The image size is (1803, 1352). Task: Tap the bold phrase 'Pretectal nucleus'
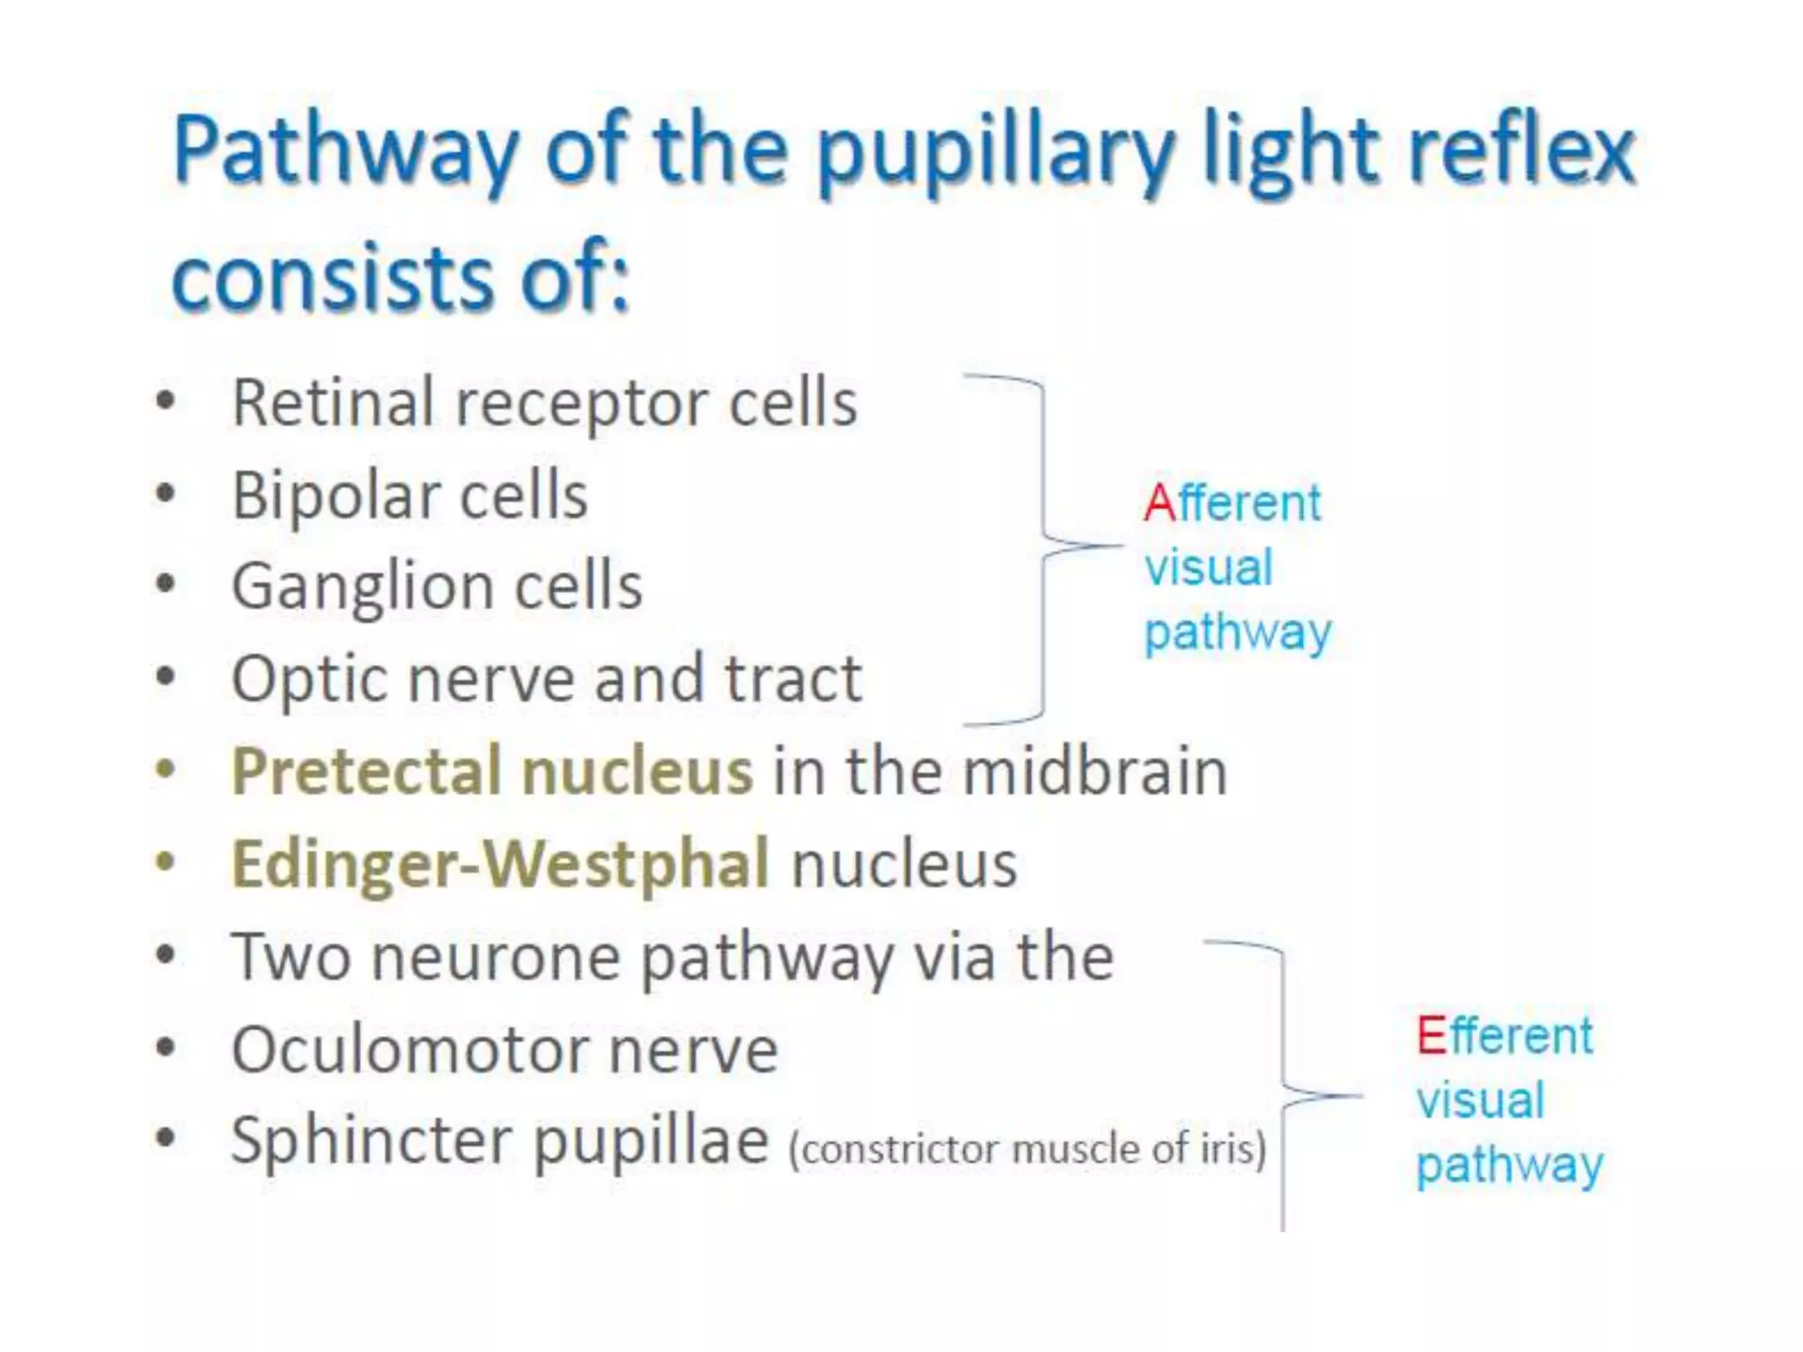(491, 771)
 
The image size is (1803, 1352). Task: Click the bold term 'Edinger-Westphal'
(500, 863)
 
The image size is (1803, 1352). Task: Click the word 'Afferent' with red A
(1233, 503)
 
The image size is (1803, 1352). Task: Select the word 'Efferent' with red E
(1505, 1036)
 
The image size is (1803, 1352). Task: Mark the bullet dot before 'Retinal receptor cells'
(165, 403)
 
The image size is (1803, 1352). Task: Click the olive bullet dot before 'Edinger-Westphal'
(165, 863)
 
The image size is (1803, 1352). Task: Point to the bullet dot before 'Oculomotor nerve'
(165, 1048)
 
